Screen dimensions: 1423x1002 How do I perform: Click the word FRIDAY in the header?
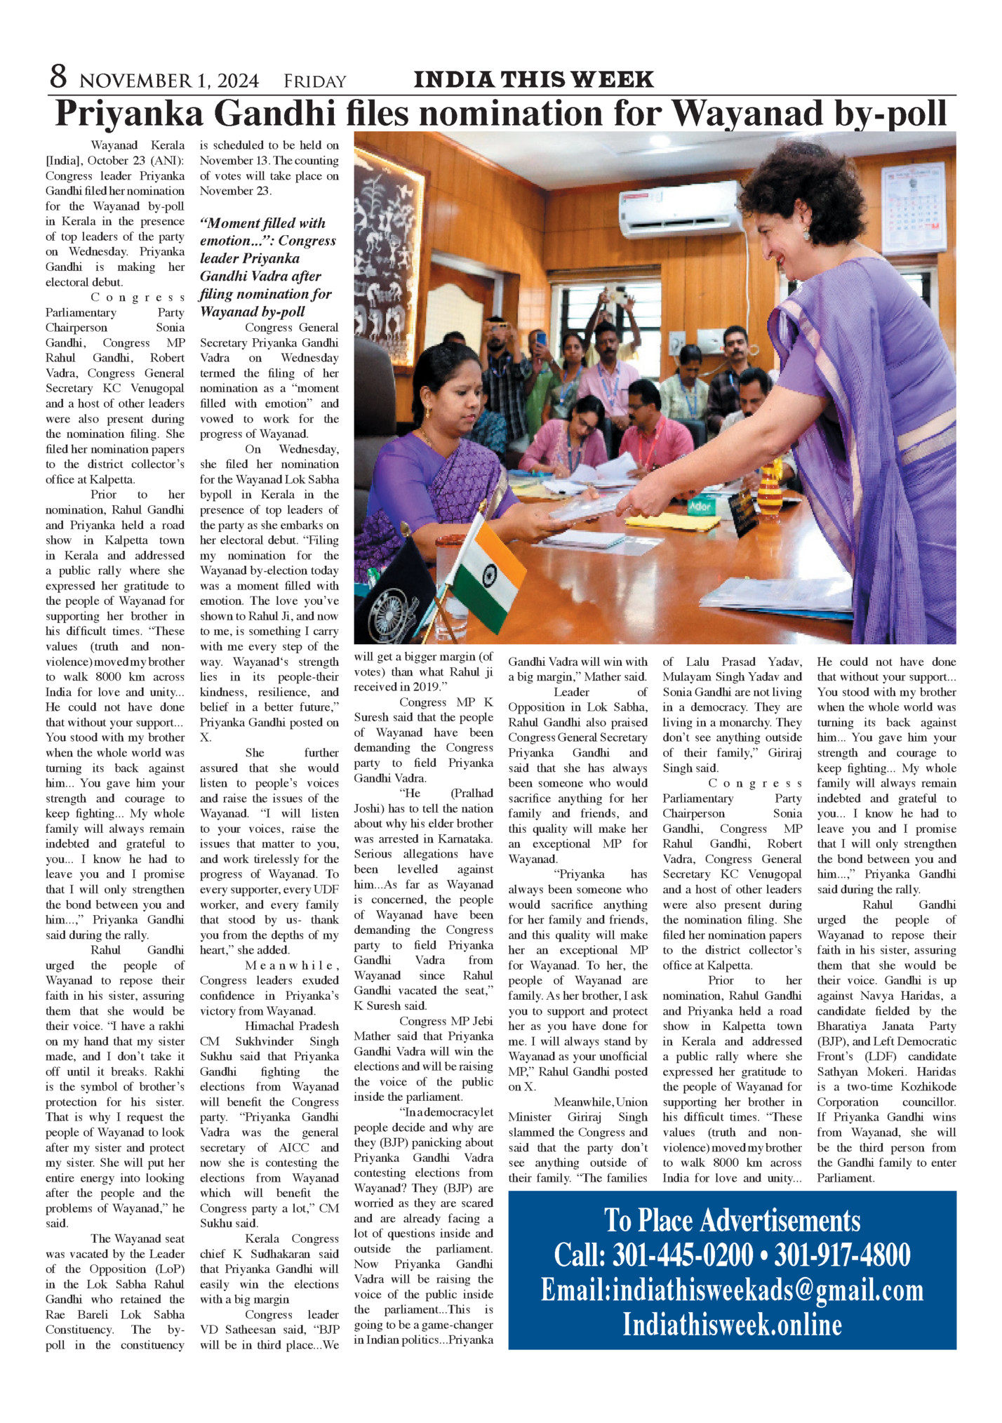314,81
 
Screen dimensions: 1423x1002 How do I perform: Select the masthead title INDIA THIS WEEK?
533,79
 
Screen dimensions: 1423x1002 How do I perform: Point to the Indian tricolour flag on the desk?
488,572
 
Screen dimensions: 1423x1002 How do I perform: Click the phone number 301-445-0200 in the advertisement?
654,1255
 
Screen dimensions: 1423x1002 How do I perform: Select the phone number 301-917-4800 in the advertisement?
842,1255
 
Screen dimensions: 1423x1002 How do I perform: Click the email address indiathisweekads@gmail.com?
732,1290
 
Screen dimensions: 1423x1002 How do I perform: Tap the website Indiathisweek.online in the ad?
732,1324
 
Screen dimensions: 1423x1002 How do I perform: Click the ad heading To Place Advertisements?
732,1220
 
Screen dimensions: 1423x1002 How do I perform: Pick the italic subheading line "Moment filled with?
262,223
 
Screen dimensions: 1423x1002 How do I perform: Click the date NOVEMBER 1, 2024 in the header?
169,81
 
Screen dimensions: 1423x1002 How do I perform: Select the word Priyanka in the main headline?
129,114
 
